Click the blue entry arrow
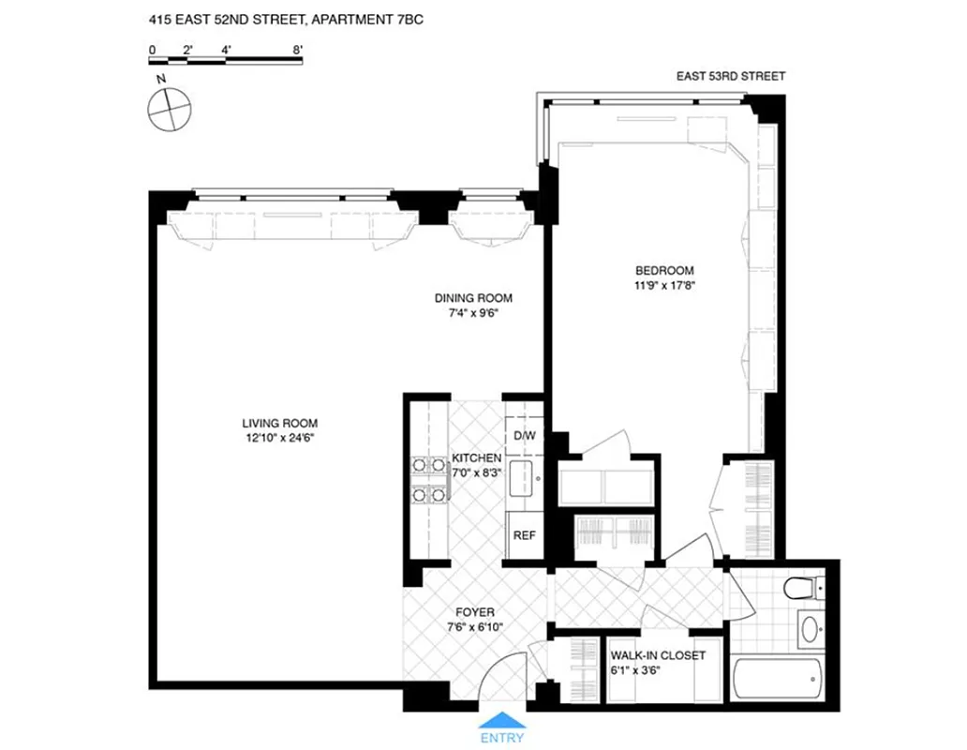pyautogui.click(x=502, y=720)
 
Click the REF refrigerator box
pyautogui.click(x=524, y=535)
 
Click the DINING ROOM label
pyautogui.click(x=473, y=298)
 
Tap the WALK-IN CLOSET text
pyautogui.click(x=657, y=655)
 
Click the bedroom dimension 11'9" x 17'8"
pyautogui.click(x=663, y=286)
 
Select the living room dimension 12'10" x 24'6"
pyautogui.click(x=276, y=437)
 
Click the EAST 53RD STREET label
pyautogui.click(x=731, y=77)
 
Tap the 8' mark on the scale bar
pyautogui.click(x=298, y=47)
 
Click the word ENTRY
pyautogui.click(x=502, y=740)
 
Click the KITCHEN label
pyautogui.click(x=477, y=457)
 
